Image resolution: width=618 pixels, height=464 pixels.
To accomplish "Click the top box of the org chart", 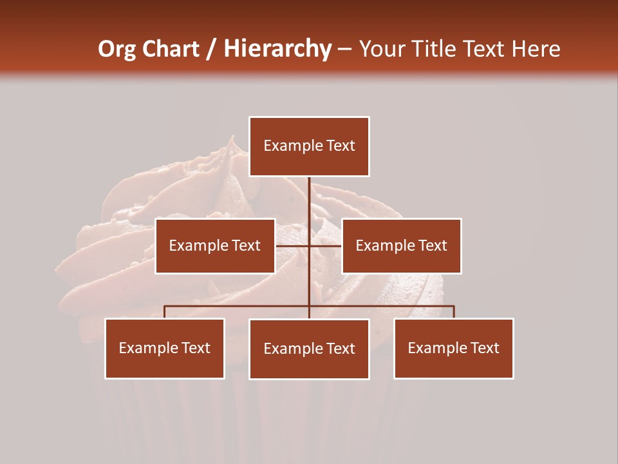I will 309,146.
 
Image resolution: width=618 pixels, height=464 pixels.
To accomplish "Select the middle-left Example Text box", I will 215,246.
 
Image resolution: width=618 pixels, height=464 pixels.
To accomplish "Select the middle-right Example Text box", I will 401,246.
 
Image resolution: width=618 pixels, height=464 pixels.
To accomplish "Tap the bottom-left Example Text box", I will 165,348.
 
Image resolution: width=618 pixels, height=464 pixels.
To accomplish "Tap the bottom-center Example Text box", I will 309,349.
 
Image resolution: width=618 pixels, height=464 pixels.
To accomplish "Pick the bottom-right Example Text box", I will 453,348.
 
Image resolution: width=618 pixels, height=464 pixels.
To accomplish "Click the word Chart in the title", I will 171,49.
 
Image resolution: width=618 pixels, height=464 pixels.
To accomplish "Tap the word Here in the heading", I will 536,49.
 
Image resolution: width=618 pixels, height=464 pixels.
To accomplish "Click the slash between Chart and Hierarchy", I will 211,49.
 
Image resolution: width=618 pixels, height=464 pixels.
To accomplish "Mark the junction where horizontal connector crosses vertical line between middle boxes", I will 309,246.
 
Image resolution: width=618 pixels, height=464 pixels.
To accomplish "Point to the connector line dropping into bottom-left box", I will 165,312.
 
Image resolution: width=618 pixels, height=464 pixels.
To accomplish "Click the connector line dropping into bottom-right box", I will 453,312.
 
